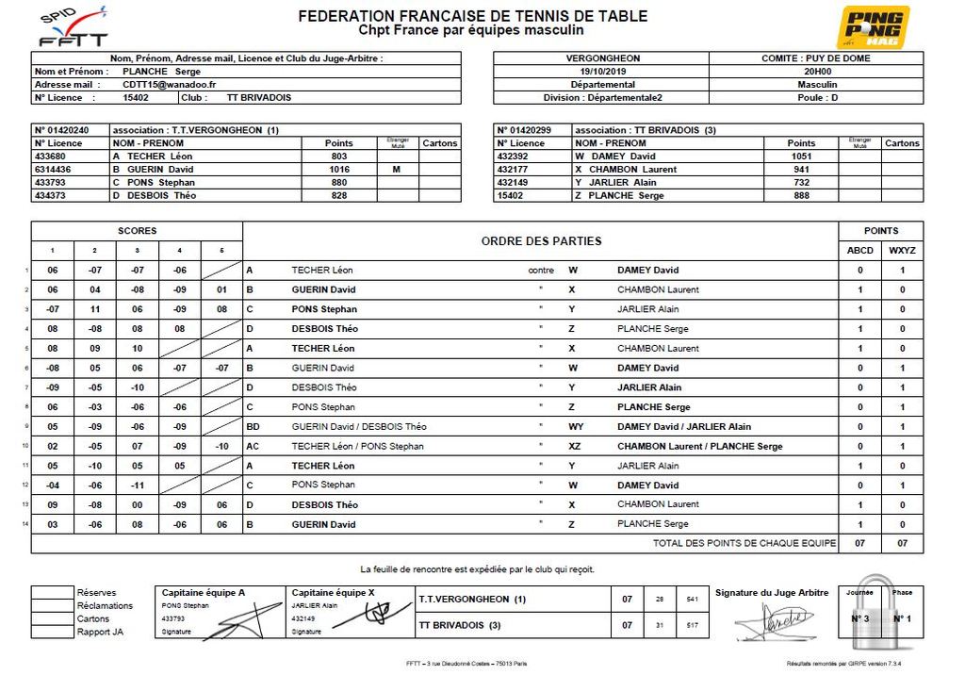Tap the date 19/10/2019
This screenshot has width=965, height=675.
(x=601, y=71)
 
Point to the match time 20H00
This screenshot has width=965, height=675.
(x=816, y=71)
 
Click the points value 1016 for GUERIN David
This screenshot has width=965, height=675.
(x=339, y=170)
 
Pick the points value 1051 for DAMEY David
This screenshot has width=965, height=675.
(x=801, y=156)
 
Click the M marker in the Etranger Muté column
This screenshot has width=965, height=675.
(x=398, y=170)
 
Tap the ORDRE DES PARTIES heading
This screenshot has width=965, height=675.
(x=541, y=241)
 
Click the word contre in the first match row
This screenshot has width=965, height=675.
(x=541, y=271)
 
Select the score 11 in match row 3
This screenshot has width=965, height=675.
(x=95, y=309)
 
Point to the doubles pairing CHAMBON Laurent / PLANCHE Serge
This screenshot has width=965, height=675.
(x=699, y=446)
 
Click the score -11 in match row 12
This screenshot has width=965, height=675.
(x=138, y=486)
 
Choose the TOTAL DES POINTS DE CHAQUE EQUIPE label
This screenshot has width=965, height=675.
(x=744, y=544)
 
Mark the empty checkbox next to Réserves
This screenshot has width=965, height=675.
(x=52, y=593)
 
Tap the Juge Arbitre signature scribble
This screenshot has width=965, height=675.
(x=773, y=621)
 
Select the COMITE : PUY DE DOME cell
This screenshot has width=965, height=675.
(x=816, y=58)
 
